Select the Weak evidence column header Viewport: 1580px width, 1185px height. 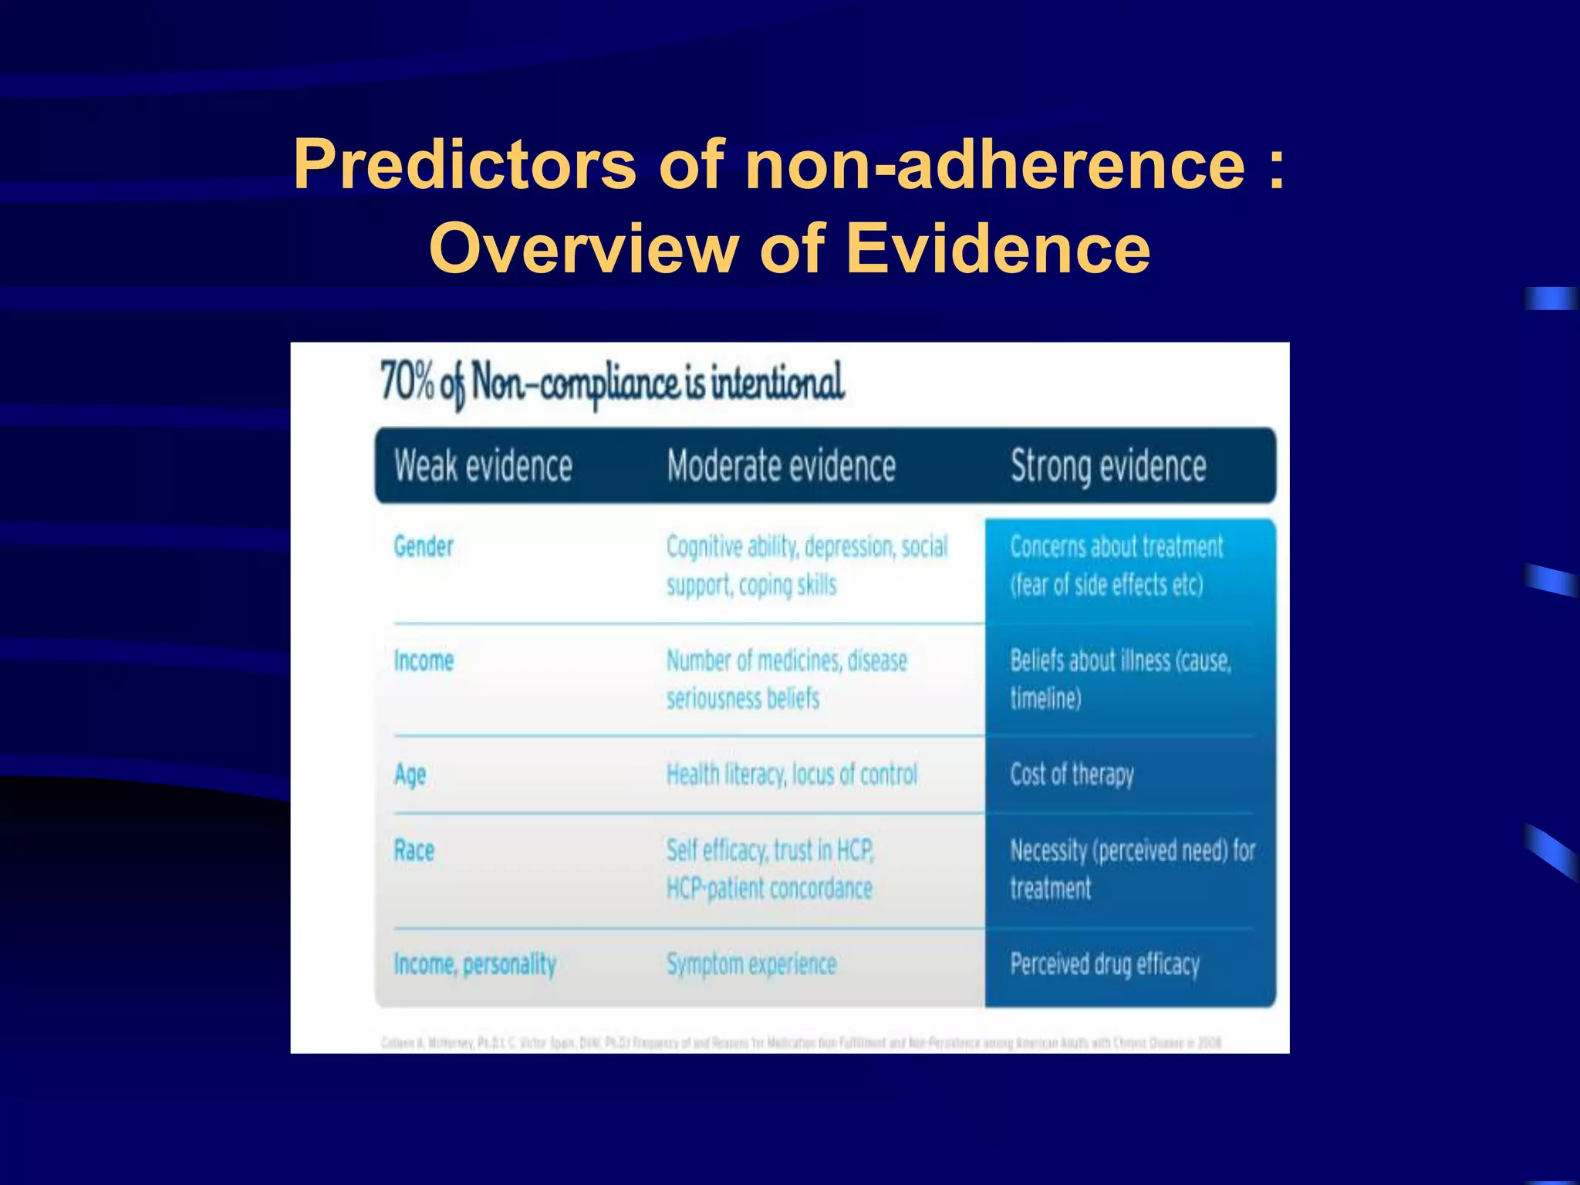tap(484, 466)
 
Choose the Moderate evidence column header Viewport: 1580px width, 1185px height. tap(781, 466)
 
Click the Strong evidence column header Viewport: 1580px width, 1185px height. tap(1108, 466)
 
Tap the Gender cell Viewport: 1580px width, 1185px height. tap(424, 546)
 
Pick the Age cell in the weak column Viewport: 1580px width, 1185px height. tap(410, 775)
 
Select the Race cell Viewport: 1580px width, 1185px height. tap(414, 850)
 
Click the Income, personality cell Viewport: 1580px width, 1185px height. tap(474, 964)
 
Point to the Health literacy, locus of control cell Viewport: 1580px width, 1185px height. tap(792, 775)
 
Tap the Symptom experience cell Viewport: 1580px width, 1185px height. tap(751, 964)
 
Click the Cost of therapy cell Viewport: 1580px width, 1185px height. tap(1072, 775)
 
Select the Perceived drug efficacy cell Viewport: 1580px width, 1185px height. tap(1105, 964)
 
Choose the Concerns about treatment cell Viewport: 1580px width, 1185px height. tap(1116, 565)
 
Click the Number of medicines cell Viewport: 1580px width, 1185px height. tap(786, 679)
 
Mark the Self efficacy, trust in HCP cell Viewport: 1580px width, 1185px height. tap(770, 869)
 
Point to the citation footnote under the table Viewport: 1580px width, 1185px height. tap(801, 1043)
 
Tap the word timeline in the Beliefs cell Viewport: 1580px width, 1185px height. tap(1045, 699)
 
